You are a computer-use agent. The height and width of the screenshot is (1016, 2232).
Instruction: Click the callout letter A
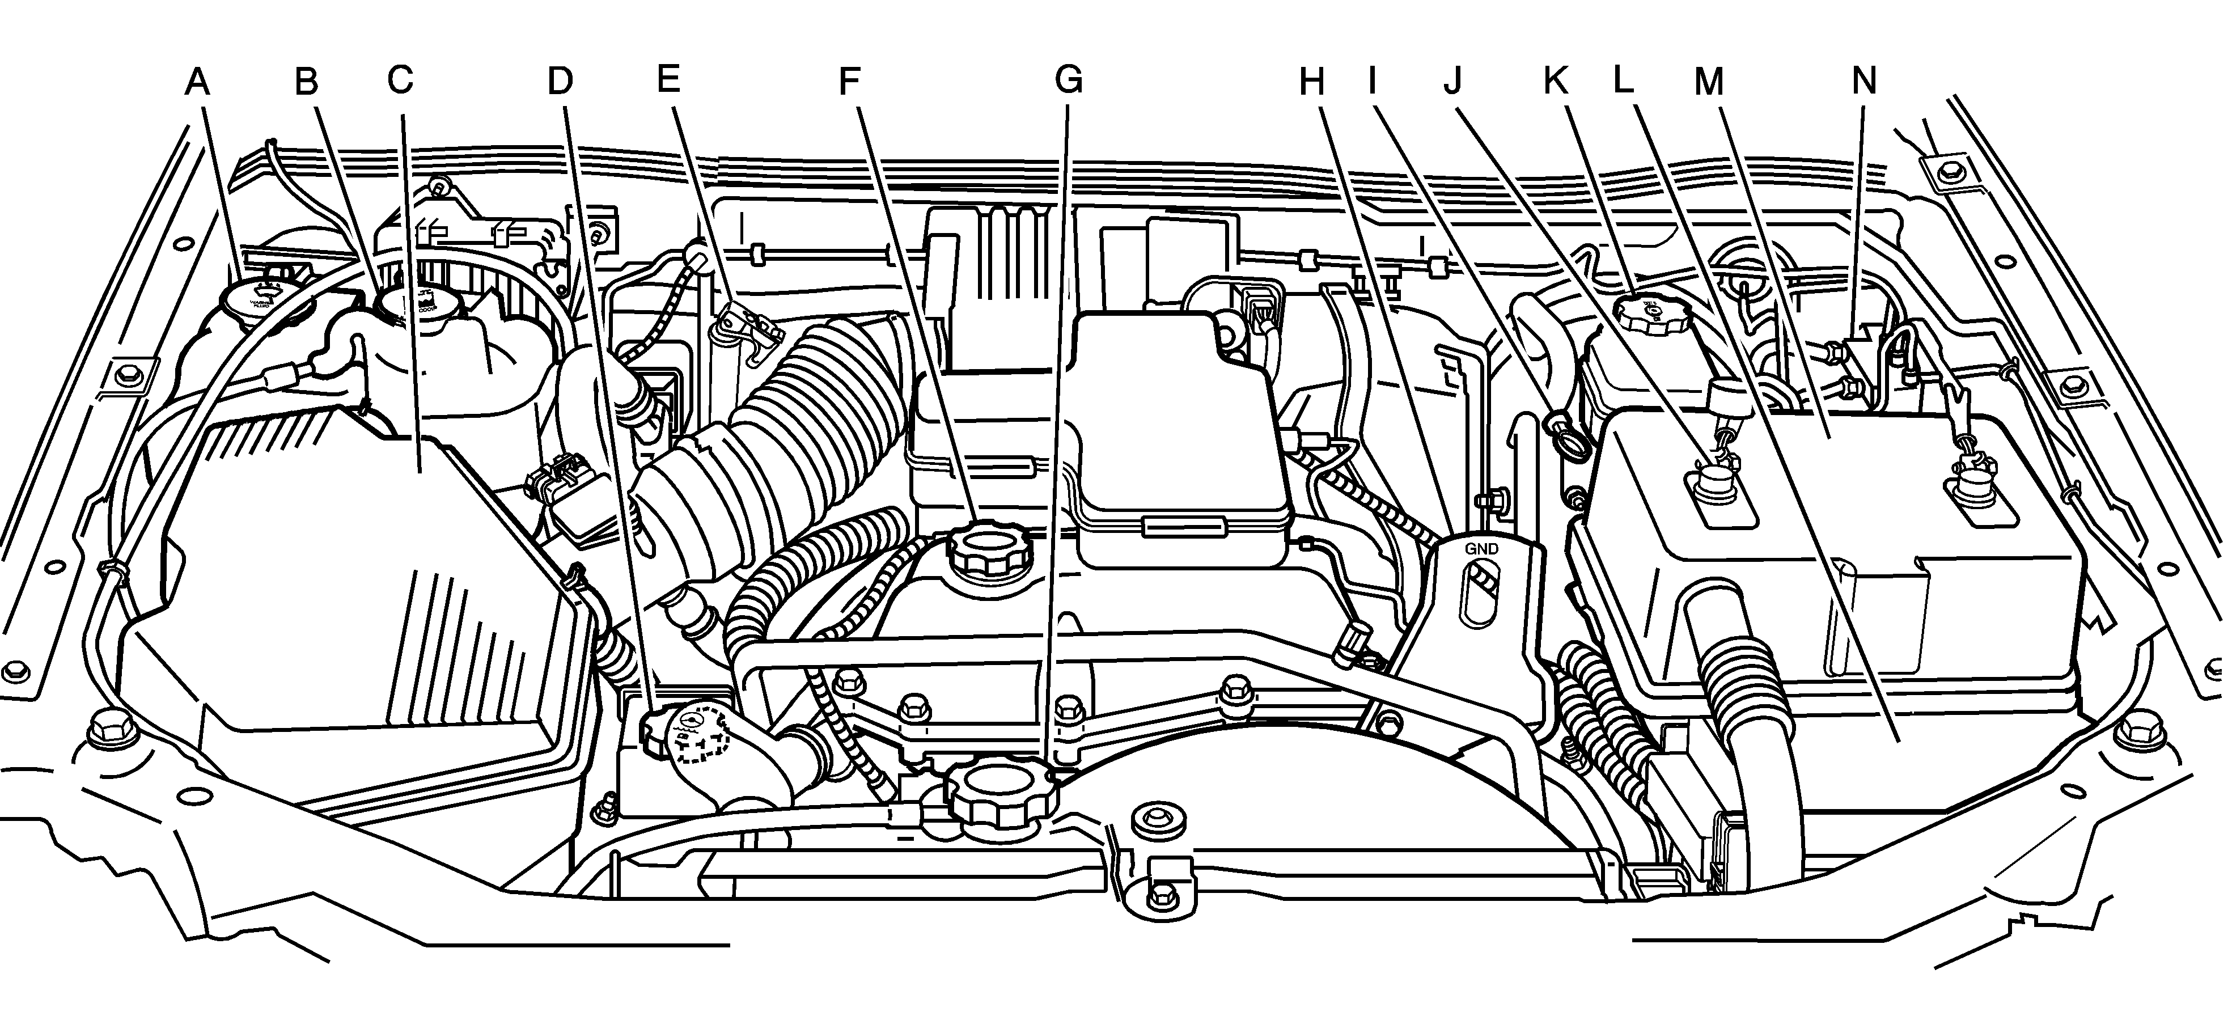(198, 82)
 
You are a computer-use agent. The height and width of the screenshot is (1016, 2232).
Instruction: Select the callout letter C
(400, 81)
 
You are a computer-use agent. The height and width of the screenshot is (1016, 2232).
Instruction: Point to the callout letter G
(1068, 80)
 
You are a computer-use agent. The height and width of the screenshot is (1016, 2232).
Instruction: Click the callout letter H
(1312, 82)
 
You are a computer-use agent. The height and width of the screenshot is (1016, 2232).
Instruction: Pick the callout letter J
(1453, 81)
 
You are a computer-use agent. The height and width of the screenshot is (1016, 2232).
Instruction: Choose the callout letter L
(1623, 80)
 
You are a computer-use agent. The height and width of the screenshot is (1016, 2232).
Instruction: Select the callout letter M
(1709, 82)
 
